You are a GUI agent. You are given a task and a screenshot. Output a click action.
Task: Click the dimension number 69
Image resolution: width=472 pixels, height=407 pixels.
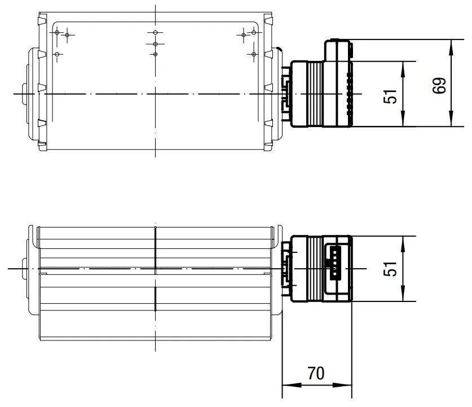(x=439, y=86)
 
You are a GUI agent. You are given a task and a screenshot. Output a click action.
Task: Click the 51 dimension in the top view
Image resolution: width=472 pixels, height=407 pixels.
(x=390, y=97)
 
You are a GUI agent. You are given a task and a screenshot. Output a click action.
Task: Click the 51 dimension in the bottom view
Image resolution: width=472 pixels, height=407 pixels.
(x=390, y=269)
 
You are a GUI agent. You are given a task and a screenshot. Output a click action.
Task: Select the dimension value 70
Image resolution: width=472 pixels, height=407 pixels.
(x=316, y=373)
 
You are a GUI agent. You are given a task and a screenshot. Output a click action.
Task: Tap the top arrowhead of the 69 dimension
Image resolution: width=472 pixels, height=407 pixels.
(x=451, y=47)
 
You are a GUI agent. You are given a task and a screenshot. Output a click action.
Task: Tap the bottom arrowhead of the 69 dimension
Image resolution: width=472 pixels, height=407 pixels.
(x=451, y=119)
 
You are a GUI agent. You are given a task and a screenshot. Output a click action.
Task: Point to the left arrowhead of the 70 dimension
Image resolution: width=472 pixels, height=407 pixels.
(x=292, y=385)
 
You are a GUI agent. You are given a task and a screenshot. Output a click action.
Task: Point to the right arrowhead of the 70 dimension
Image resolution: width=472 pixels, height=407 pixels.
(x=342, y=385)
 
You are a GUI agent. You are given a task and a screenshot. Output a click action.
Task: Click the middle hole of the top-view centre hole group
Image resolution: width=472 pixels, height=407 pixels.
(x=155, y=44)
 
